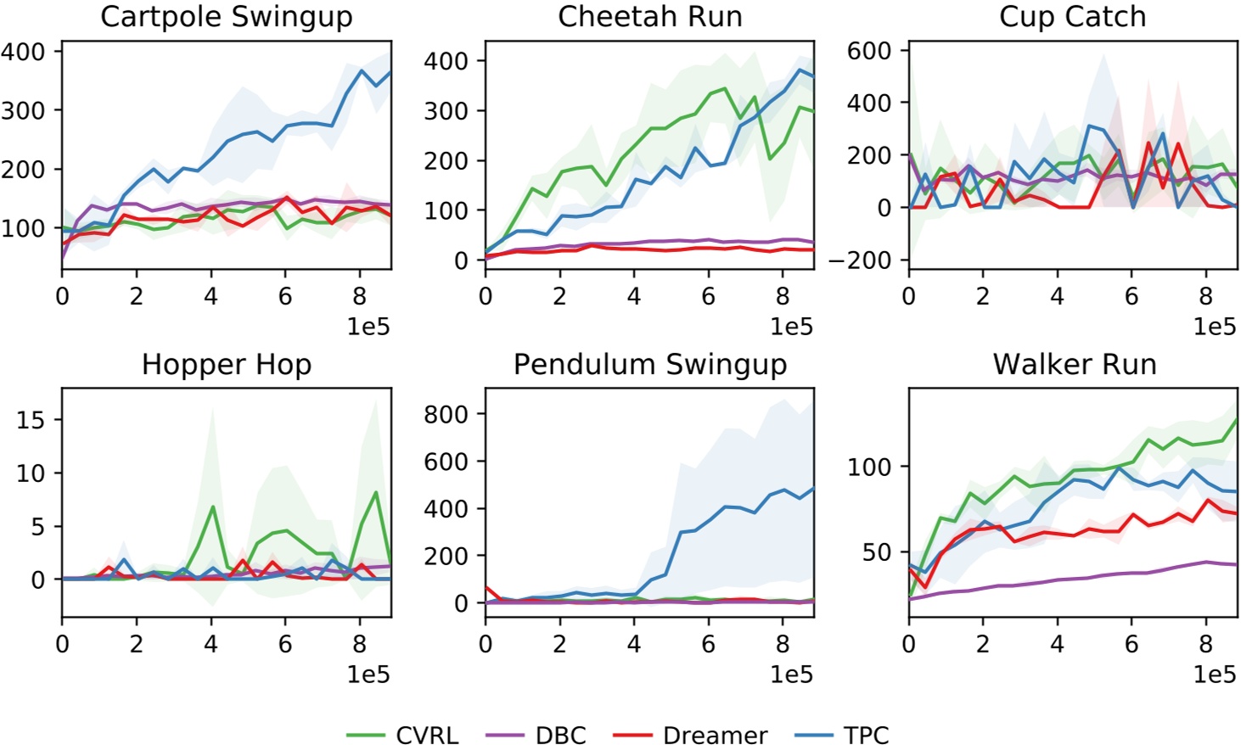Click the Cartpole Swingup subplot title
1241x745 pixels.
226,17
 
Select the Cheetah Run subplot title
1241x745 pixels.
649,17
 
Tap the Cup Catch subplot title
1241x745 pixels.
1072,17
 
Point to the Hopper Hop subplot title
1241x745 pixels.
226,365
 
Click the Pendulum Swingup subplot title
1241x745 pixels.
649,365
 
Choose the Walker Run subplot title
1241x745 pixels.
1074,365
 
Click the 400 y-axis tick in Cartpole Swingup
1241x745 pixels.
23,52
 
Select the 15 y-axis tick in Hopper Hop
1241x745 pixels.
31,420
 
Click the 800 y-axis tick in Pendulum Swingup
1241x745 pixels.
446,414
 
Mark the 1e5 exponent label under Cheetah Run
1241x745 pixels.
791,327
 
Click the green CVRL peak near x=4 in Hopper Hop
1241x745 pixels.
212,507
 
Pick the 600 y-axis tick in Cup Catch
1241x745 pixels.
869,51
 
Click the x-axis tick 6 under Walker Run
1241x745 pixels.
1131,644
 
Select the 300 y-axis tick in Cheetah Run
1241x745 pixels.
446,111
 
